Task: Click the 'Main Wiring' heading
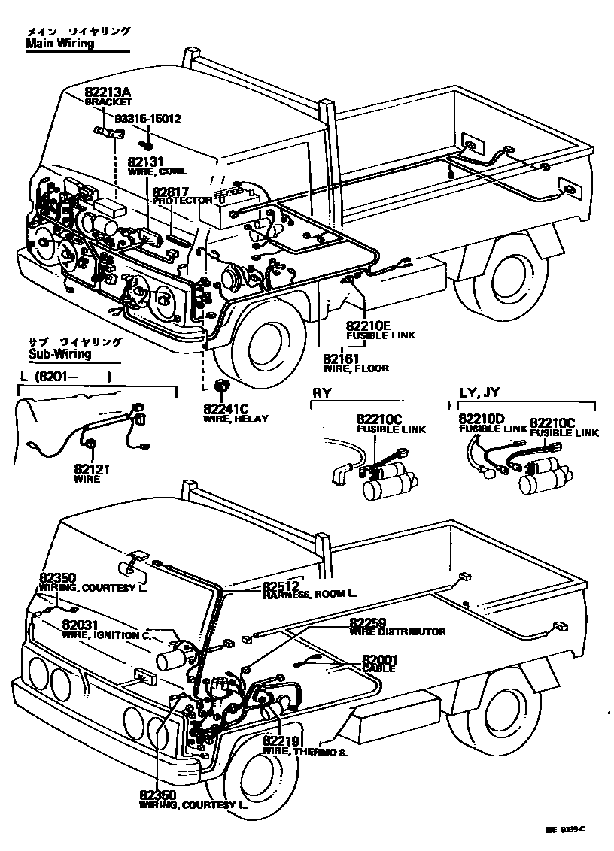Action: pos(60,44)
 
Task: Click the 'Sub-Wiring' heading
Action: pos(59,354)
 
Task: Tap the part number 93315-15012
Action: pos(147,118)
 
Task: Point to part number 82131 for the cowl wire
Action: pos(145,162)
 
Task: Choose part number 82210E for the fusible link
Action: pos(369,326)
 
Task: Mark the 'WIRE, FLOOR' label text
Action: pos(356,368)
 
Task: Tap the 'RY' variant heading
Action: pos(321,393)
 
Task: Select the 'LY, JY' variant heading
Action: pos(479,393)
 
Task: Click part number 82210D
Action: pos(482,418)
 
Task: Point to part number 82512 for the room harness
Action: pos(281,586)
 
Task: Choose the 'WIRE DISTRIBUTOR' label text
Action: pos(397,632)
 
